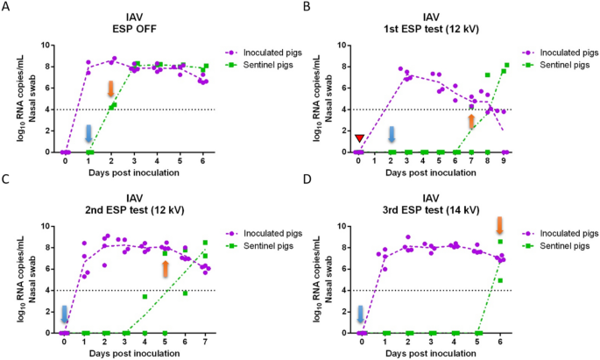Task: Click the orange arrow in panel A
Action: (111, 88)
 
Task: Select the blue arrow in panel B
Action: (392, 133)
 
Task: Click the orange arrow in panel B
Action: (471, 122)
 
